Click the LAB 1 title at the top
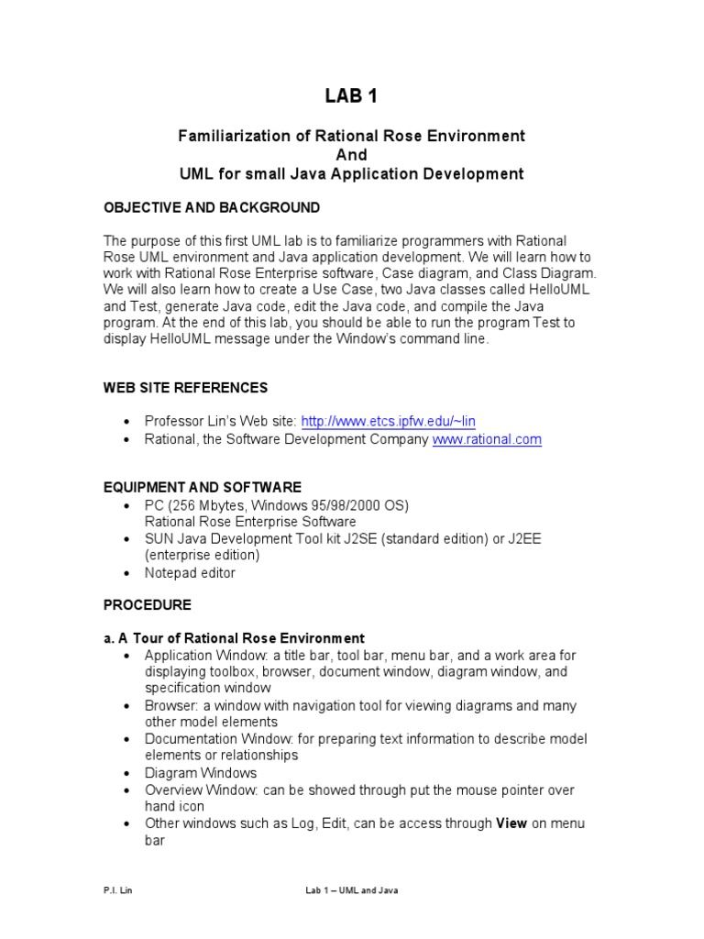[351, 96]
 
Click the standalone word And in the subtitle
[351, 155]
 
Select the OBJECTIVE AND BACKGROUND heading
[212, 207]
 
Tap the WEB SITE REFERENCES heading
[185, 388]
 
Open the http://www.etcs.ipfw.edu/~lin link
[388, 422]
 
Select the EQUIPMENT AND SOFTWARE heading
[202, 487]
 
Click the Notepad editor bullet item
[190, 573]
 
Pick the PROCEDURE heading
[148, 605]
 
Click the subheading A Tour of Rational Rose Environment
[241, 638]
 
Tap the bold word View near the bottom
[511, 823]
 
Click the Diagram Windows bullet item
[201, 773]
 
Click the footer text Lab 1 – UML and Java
[352, 890]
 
